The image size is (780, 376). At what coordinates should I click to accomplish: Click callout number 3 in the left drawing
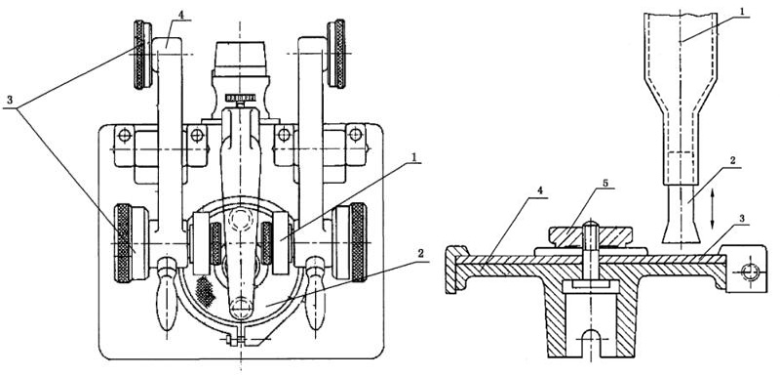10,100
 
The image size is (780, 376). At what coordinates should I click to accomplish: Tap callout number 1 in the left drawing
413,158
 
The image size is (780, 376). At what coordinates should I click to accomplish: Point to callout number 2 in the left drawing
421,254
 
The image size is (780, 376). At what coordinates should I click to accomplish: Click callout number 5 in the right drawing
605,183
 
